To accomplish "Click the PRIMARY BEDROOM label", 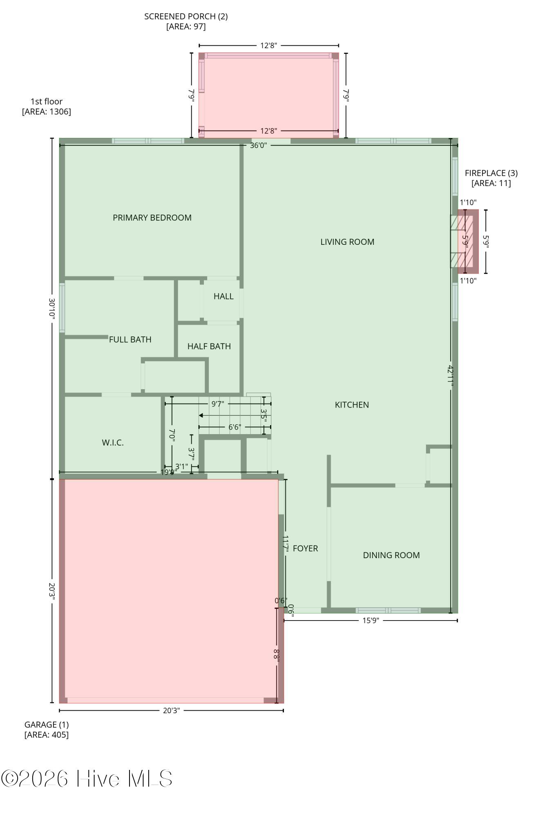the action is [152, 217].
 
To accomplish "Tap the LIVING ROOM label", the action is [347, 242].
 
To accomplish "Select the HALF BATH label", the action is [209, 346].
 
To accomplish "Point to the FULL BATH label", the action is [130, 339].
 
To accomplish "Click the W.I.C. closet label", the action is [113, 442].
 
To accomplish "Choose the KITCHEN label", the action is [352, 404].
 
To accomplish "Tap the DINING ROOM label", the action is [391, 555].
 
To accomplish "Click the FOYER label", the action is [305, 548].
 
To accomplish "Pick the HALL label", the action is [223, 296].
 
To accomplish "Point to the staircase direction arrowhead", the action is [201, 415].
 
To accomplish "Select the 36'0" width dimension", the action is [258, 145].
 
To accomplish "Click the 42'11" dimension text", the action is [451, 375].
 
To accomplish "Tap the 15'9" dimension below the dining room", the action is [371, 620].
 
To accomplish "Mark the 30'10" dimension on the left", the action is [52, 308].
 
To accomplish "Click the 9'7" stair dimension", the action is [218, 404].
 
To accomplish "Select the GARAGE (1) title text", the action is [47, 724].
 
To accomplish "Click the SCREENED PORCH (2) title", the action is [186, 16].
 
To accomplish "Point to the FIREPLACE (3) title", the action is [491, 173].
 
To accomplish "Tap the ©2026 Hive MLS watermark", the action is [87, 778].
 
